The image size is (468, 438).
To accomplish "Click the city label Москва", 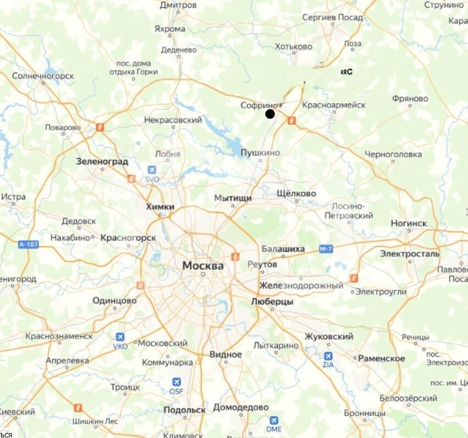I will click(203, 265).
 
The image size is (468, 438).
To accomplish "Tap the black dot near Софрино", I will click(270, 114).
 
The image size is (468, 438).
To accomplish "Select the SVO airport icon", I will click(152, 170).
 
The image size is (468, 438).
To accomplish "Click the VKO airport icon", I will click(120, 337).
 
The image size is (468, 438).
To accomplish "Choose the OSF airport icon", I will click(176, 381).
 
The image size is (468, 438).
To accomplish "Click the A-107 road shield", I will click(28, 244).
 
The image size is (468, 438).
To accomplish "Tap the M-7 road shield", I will click(326, 250).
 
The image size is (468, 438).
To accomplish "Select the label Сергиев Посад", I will click(332, 17).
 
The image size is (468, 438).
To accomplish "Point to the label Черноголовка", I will click(393, 154).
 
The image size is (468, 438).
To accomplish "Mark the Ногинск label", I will click(409, 223).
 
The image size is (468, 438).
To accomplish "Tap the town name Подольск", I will click(185, 409).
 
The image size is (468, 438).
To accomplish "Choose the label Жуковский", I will click(328, 336).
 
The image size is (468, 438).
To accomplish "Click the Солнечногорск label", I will click(42, 75).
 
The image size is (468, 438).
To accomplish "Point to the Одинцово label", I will click(114, 300).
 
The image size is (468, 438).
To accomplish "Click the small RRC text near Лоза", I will click(346, 71).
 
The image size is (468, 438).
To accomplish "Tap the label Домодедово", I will click(241, 407).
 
